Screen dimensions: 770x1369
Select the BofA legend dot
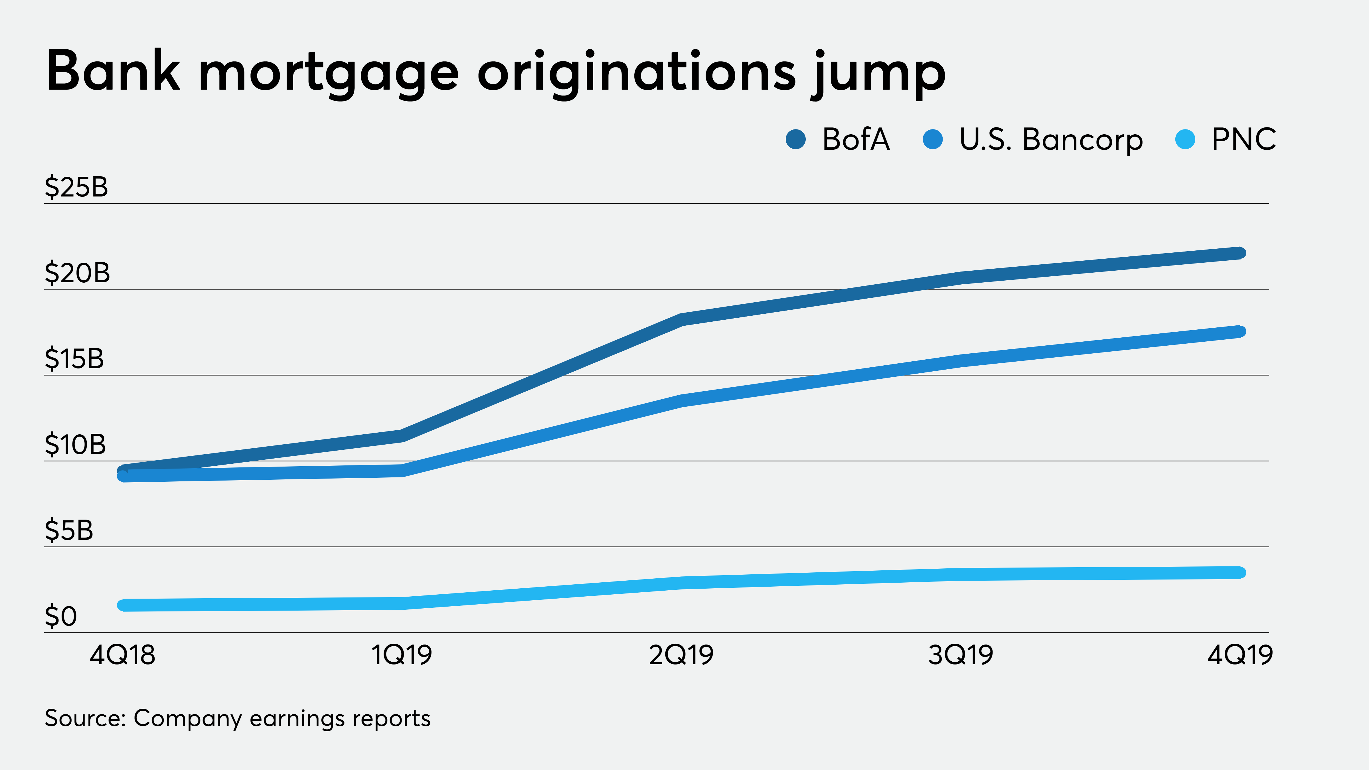tap(795, 140)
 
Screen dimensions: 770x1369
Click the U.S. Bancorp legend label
tap(1051, 140)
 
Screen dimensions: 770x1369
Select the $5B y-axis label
tap(69, 530)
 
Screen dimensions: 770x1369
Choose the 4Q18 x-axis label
tap(123, 655)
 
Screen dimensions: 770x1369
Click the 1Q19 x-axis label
tap(402, 655)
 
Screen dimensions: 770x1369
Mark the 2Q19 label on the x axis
tap(681, 655)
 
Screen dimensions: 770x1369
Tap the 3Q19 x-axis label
tap(961, 655)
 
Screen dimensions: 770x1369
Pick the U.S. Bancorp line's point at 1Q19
tap(402, 470)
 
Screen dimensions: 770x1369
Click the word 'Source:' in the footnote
tap(85, 718)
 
